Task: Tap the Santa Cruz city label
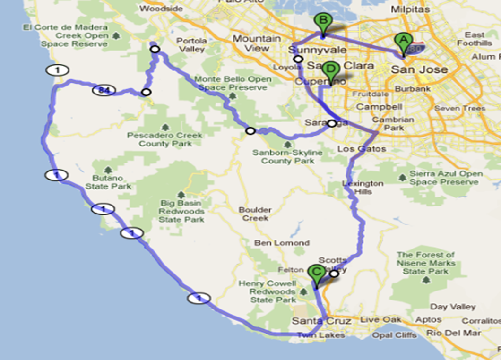pyautogui.click(x=321, y=321)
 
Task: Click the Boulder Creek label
pyautogui.click(x=256, y=214)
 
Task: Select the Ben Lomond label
pyautogui.click(x=282, y=243)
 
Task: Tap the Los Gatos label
pyautogui.click(x=362, y=149)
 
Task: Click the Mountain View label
pyautogui.click(x=258, y=43)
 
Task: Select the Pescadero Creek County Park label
pyautogui.click(x=165, y=139)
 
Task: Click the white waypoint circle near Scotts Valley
pyautogui.click(x=334, y=274)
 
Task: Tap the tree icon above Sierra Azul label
pyautogui.click(x=402, y=177)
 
